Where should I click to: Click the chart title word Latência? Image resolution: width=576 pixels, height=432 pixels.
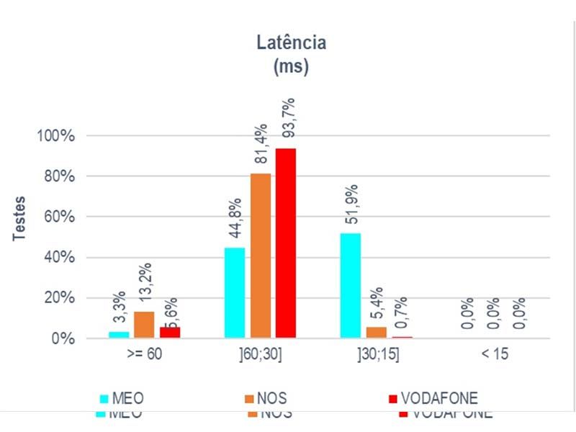click(291, 42)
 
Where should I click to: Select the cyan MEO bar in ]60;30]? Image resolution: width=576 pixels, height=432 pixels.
click(235, 292)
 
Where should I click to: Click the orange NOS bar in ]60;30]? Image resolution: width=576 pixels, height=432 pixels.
click(261, 255)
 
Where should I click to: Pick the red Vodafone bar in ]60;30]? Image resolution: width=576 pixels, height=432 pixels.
click(286, 243)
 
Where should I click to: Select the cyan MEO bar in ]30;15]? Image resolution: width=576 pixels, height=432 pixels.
click(351, 285)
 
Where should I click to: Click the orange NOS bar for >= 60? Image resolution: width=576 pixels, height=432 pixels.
click(144, 325)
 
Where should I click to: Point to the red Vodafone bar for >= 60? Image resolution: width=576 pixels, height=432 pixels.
click(170, 333)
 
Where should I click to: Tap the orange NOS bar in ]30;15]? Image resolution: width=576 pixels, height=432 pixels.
click(376, 333)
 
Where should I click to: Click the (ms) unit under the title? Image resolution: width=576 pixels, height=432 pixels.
click(291, 67)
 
